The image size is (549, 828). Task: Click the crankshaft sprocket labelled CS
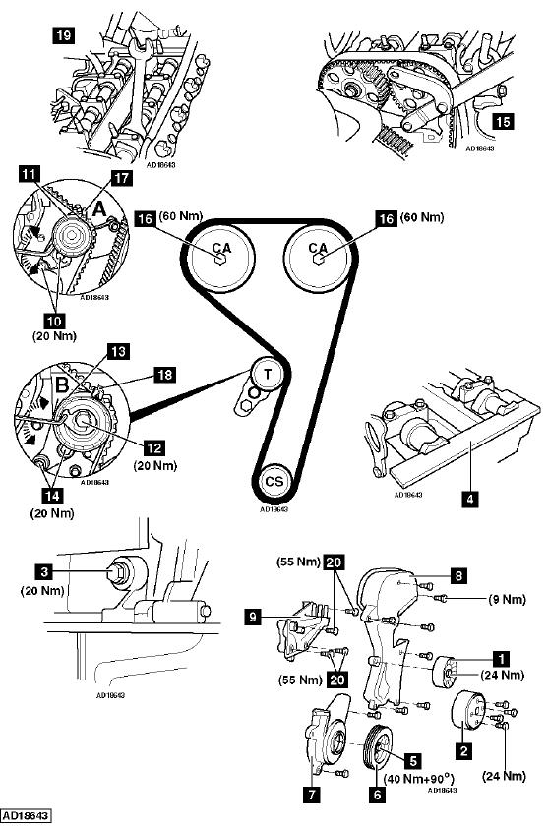click(x=274, y=481)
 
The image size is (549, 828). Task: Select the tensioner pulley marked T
click(x=268, y=375)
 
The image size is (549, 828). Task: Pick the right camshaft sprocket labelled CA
click(x=317, y=257)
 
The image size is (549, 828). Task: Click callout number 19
click(x=63, y=35)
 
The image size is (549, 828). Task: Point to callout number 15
click(x=503, y=121)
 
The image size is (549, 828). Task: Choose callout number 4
click(x=469, y=498)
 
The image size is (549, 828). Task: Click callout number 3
click(x=44, y=571)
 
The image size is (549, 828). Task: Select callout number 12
click(x=154, y=448)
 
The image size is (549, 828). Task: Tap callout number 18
click(x=165, y=375)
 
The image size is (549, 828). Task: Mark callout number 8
click(x=457, y=575)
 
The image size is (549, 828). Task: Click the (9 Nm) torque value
click(x=507, y=599)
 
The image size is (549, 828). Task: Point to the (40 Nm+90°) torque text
click(x=419, y=778)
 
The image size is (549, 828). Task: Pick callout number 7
click(x=312, y=794)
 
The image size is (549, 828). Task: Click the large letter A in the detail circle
click(x=98, y=210)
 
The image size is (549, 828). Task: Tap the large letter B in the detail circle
click(x=62, y=384)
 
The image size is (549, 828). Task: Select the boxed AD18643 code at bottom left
click(x=26, y=816)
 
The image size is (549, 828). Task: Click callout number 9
click(x=254, y=617)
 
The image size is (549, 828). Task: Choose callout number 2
click(x=463, y=750)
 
